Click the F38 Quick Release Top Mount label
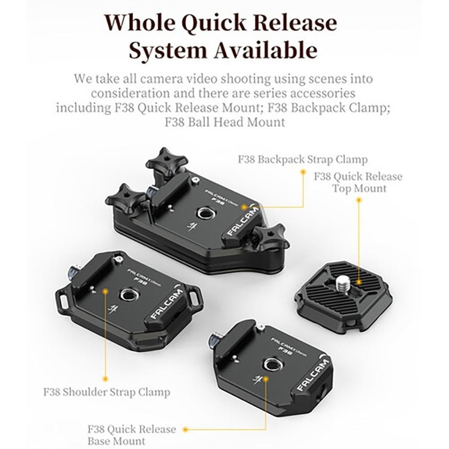[x=358, y=182]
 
